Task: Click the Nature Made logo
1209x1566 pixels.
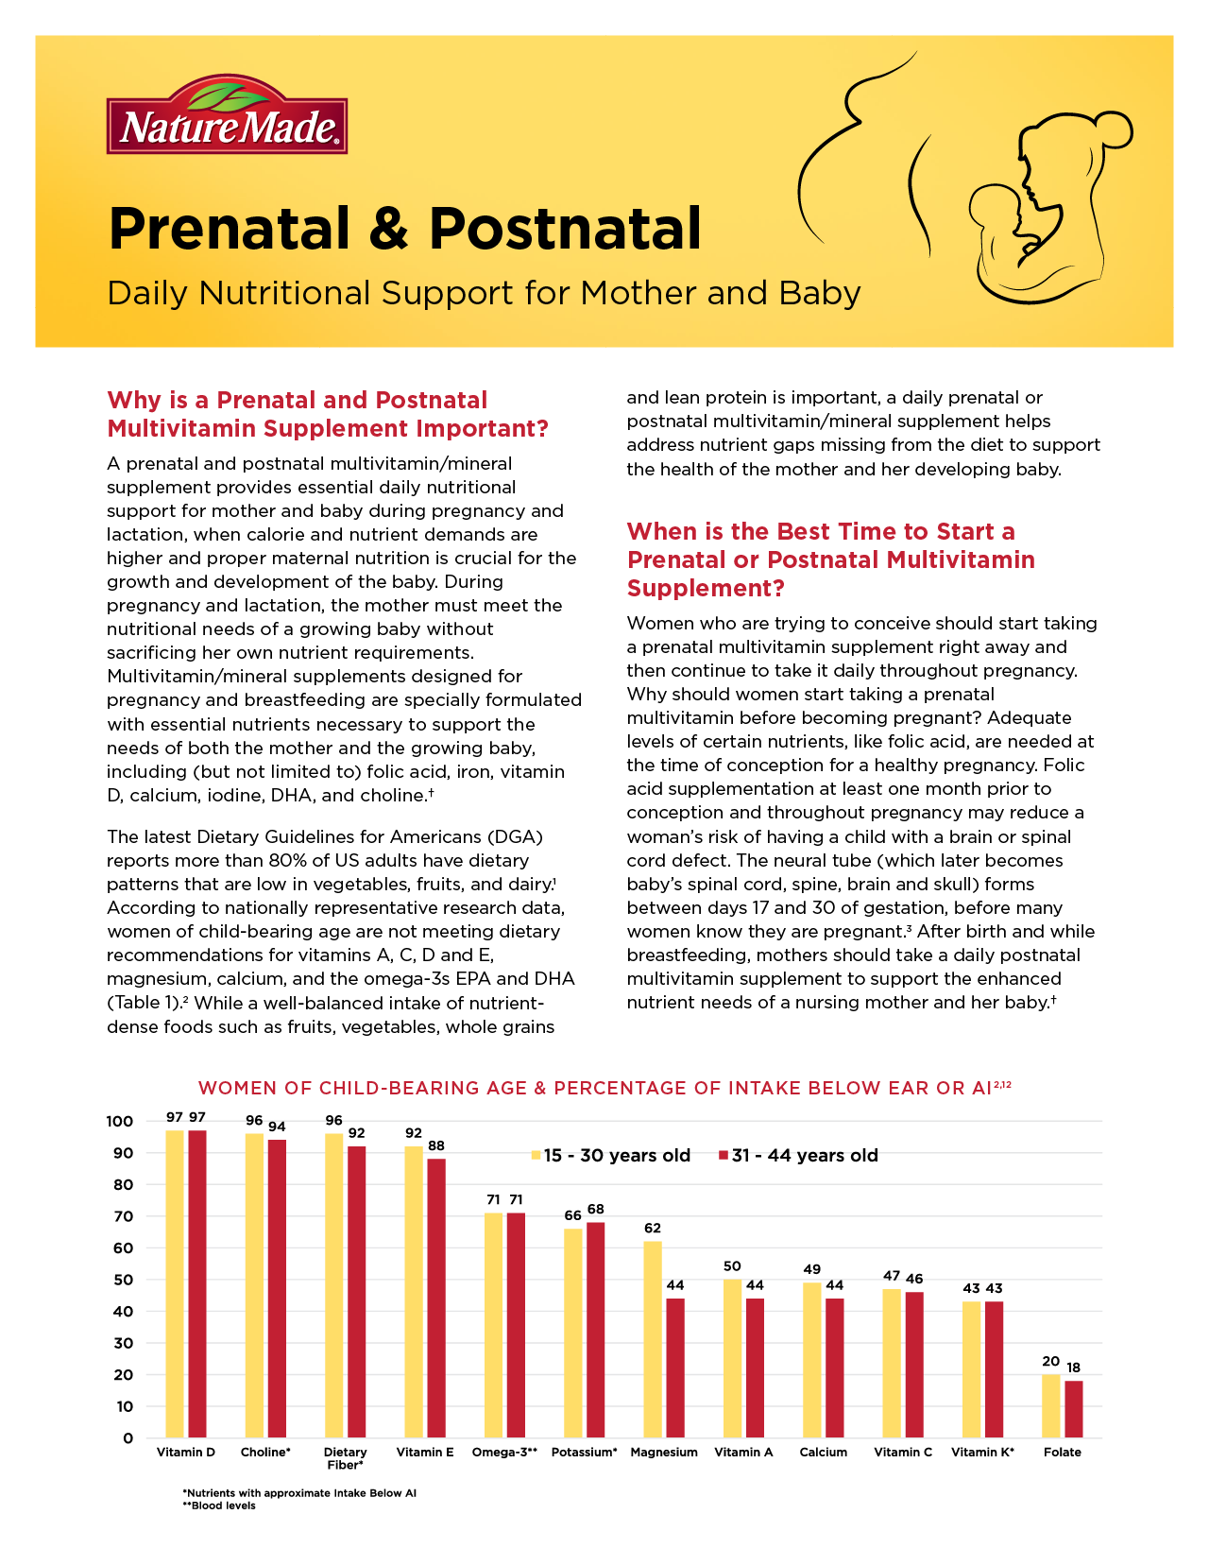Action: pos(227,116)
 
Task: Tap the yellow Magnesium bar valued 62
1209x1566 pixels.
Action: pos(653,1339)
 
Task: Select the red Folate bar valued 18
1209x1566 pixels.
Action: pos(1073,1408)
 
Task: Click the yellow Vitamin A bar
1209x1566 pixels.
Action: pos(732,1358)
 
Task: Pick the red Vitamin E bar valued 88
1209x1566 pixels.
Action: pos(436,1298)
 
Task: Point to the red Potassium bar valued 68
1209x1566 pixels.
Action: pos(596,1330)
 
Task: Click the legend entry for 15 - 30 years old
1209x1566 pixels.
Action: pos(611,1155)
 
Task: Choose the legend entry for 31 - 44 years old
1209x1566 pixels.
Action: pos(799,1155)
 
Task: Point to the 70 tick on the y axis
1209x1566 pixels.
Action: pos(124,1216)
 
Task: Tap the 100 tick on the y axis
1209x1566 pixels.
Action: pos(120,1122)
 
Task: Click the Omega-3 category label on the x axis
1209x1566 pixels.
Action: pos(504,1452)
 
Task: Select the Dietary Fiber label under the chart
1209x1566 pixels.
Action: pos(345,1458)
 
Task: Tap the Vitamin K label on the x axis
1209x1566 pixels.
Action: pos(982,1452)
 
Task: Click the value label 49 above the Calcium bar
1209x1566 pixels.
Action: pos(811,1269)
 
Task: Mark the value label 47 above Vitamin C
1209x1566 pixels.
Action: pos(892,1276)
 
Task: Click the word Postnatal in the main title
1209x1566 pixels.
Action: pos(565,229)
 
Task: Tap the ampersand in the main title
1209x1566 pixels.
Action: pos(389,229)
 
